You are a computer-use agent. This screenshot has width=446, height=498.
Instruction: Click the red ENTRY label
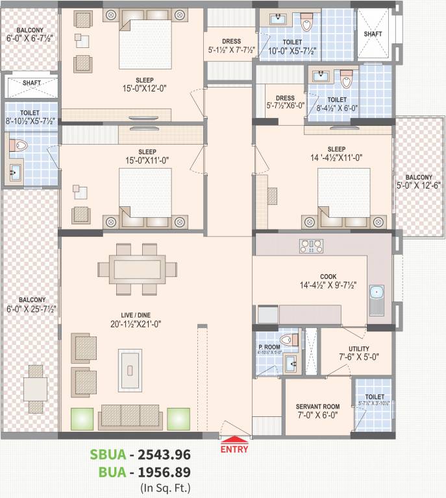[234, 448]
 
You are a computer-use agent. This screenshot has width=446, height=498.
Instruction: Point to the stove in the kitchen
[310, 245]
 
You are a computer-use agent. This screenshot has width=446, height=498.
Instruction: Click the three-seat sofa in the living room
[130, 416]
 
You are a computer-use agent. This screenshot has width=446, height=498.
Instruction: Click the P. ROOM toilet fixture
[286, 339]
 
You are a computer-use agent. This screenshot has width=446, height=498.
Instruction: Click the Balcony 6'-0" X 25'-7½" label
[31, 305]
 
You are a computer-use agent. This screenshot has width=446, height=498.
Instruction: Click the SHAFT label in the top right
[373, 33]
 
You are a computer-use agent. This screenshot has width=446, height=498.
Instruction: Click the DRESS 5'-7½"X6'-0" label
[280, 102]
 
